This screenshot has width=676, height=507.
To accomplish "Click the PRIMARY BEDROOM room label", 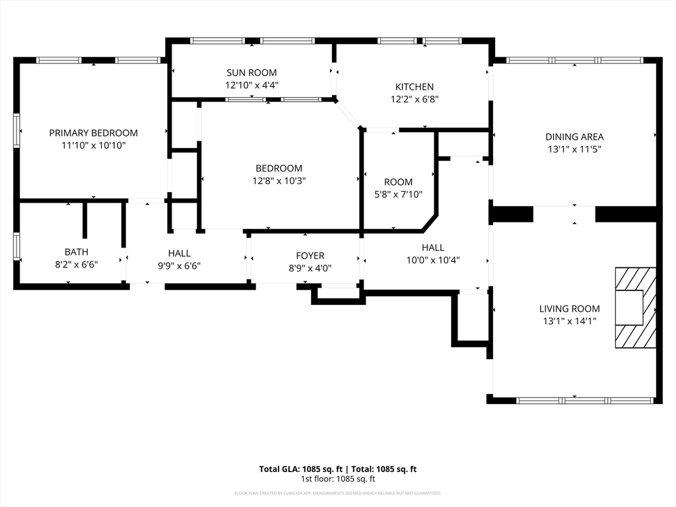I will click(93, 133).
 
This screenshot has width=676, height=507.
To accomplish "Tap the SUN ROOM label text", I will click(251, 73).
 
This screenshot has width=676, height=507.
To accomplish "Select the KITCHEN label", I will click(414, 86).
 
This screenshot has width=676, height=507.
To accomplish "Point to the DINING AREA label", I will click(574, 137).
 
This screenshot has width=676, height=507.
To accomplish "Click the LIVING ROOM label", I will click(569, 308).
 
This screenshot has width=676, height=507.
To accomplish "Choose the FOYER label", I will click(310, 255).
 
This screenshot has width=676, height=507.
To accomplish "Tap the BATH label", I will click(76, 252).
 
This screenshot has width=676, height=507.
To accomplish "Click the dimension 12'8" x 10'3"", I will click(279, 180).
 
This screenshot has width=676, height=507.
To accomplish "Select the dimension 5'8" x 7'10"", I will click(398, 194).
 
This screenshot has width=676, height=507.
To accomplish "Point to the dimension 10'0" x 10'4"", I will click(432, 260).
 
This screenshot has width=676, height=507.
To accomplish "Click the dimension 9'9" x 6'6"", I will click(179, 265).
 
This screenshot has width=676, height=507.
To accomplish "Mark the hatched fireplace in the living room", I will click(635, 307).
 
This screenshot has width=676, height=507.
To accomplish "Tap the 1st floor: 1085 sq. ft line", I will click(337, 479).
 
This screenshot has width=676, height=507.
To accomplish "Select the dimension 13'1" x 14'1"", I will click(569, 321).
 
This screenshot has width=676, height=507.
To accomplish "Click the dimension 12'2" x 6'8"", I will click(414, 99).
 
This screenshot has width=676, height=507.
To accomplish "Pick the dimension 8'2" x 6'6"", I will click(76, 264).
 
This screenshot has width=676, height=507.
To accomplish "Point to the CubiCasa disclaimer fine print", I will click(337, 493).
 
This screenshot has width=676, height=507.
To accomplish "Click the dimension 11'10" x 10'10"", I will click(93, 145).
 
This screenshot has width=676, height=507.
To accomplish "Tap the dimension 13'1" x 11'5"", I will click(574, 149).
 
